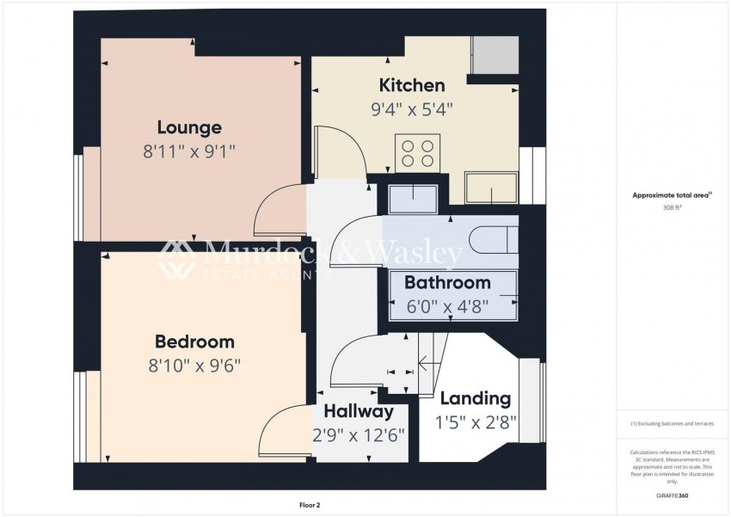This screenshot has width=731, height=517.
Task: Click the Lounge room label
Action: click(189, 127)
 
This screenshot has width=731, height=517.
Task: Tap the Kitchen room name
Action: click(412, 85)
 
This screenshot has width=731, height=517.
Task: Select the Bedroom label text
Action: click(195, 342)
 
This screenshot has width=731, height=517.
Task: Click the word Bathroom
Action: click(447, 282)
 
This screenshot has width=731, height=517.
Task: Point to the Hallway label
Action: click(359, 411)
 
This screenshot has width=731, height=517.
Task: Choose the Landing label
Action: click(476, 398)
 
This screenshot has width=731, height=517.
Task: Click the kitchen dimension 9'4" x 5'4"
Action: click(412, 109)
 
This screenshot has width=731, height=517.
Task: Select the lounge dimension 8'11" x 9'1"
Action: click(189, 151)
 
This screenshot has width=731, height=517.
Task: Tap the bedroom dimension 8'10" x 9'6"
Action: click(195, 366)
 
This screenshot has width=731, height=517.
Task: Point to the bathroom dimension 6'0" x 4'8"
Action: click(447, 307)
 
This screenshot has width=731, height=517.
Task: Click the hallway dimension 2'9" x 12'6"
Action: click(359, 435)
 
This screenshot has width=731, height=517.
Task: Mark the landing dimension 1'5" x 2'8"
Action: click(476, 423)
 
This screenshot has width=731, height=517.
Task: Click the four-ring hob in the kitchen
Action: click(418, 153)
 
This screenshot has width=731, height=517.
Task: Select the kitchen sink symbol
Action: click(491, 188)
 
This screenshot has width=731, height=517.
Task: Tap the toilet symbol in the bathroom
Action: click(494, 240)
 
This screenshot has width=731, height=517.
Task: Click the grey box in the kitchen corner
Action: click(495, 55)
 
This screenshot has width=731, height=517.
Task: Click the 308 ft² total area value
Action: click(672, 208)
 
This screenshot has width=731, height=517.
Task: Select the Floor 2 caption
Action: click(310, 505)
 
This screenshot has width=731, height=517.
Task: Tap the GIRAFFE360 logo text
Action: click(672, 495)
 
